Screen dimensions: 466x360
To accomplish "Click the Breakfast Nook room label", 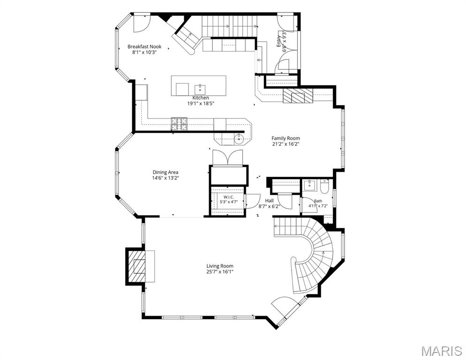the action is [144, 46].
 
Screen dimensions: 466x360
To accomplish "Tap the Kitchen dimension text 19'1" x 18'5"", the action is [201, 104].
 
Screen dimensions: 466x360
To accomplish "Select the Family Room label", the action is [286, 138].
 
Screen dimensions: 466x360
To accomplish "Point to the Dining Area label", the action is [165, 172].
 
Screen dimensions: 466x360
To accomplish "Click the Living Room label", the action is [220, 266].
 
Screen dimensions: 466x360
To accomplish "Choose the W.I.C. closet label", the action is [228, 197].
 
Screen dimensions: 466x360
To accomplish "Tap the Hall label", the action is [269, 201].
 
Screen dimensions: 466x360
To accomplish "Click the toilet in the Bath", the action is [324, 186].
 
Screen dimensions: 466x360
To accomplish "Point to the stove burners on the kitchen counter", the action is [179, 124].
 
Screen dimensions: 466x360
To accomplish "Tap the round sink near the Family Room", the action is [239, 138].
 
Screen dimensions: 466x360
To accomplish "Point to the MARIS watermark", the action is [442, 351].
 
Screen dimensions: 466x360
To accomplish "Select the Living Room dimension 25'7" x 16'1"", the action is [220, 272].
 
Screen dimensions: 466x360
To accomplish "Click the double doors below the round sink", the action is [228, 157].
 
